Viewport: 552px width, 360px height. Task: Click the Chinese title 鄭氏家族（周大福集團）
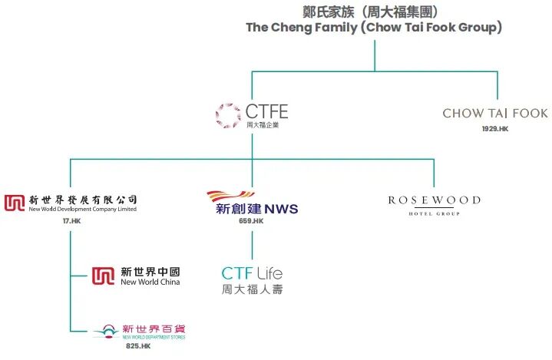pyautogui.click(x=374, y=12)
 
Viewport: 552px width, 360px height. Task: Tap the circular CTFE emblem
pyautogui.click(x=228, y=114)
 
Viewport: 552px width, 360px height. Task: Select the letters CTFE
pyautogui.click(x=266, y=112)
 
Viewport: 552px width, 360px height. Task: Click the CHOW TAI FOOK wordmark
pyautogui.click(x=495, y=114)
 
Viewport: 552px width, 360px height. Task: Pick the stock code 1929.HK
pyautogui.click(x=495, y=129)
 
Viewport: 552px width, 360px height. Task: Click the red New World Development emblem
pyautogui.click(x=15, y=203)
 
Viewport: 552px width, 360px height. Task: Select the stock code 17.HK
pyautogui.click(x=71, y=221)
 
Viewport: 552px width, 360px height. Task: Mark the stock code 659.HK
pyautogui.click(x=251, y=221)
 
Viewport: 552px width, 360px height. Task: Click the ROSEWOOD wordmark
pyautogui.click(x=434, y=200)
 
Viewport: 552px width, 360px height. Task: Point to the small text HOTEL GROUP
pyautogui.click(x=434, y=213)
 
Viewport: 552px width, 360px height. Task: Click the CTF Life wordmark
pyautogui.click(x=251, y=273)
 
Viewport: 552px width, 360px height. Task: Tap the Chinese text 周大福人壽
pyautogui.click(x=251, y=289)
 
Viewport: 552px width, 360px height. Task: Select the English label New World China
pyautogui.click(x=150, y=282)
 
